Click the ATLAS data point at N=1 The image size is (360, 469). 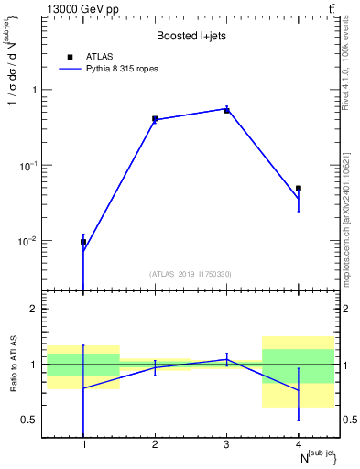coord(83,242)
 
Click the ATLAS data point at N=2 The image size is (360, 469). coord(155,119)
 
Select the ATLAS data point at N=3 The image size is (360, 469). coord(226,110)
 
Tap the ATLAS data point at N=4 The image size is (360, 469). coord(298,188)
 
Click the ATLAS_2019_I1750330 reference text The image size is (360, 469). coord(191,274)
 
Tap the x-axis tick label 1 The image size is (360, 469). coord(83,444)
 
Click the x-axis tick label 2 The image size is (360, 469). coord(155,444)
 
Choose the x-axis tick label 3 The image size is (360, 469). coord(226,444)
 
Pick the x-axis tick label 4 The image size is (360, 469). coord(298,444)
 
